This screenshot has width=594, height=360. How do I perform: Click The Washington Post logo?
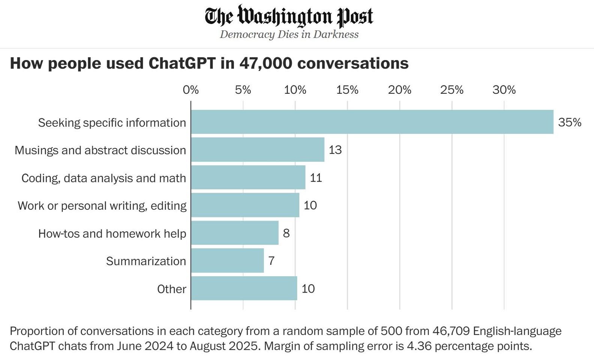[289, 16]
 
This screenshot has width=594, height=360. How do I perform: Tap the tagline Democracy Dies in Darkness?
[289, 34]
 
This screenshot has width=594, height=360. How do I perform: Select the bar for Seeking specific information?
[371, 122]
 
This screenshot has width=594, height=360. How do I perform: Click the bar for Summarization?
[227, 261]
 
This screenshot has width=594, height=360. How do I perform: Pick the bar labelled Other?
[244, 288]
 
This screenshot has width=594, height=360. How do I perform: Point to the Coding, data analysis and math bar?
[248, 177]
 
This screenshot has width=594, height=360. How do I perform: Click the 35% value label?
[569, 122]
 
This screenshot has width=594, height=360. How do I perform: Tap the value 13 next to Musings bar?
[335, 150]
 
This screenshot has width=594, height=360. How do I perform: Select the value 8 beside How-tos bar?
[286, 233]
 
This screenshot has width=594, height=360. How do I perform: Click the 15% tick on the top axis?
[347, 90]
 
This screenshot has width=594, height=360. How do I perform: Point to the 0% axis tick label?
[191, 90]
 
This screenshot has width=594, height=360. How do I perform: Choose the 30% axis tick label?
[504, 90]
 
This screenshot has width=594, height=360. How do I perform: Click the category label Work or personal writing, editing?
[102, 205]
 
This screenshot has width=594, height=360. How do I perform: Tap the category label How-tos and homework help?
[112, 233]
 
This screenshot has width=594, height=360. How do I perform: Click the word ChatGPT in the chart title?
[182, 63]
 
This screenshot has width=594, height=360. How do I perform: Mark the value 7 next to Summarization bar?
[271, 261]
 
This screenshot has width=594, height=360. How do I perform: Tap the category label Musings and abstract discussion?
[100, 150]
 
